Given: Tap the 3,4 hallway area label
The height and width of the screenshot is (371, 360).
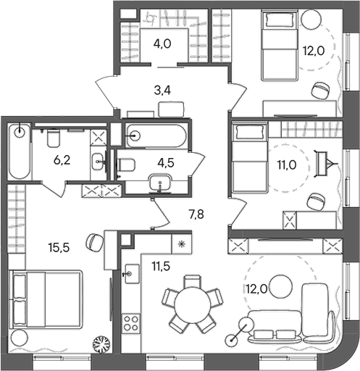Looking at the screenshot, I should [x=164, y=91].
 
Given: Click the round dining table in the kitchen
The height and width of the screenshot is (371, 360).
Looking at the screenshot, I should [x=191, y=303].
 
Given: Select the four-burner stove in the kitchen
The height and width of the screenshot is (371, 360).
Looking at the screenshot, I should [x=131, y=322].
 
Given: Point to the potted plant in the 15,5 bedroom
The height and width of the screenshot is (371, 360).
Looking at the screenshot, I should [x=99, y=345].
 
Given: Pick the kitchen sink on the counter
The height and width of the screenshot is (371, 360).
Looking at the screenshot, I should [x=131, y=274].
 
